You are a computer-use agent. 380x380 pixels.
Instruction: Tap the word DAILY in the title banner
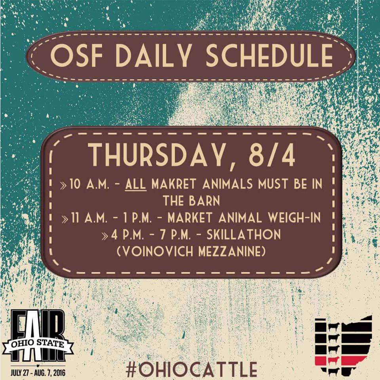pos(154,55)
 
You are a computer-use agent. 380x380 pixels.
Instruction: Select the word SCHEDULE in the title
pos(269,55)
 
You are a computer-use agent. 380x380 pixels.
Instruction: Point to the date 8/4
pos(272,154)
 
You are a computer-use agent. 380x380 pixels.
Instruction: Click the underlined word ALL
pos(136,184)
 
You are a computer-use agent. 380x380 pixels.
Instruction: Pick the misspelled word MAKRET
pos(173,184)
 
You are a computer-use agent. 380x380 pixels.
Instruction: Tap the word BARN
pos(205,201)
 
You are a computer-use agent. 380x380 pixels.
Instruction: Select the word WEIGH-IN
pos(294,217)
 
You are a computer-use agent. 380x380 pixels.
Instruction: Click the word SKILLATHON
pos(243,234)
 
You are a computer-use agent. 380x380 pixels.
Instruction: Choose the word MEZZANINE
pos(232,251)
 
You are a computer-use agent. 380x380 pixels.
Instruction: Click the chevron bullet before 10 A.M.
pos(63,186)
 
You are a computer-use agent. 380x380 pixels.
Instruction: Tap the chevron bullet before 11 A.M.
pos(65,219)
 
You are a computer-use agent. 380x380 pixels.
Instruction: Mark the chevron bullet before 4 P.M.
pos(104,236)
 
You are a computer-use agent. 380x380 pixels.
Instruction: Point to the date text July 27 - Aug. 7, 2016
pos(38,372)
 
